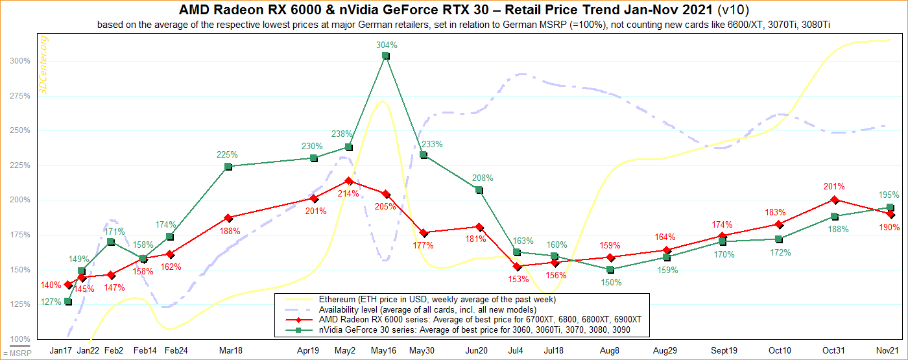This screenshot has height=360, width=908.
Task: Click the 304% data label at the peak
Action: point(386,45)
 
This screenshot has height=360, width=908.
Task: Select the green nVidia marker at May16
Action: point(386,56)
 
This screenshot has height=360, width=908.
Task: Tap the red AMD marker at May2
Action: point(348,181)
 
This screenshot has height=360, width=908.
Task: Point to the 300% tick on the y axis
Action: point(19,61)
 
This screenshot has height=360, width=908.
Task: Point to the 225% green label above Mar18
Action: point(227,155)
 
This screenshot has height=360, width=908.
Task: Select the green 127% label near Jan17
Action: point(51,302)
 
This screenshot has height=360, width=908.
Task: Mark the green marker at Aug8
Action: point(610,269)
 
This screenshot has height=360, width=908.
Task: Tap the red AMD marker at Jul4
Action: point(516,267)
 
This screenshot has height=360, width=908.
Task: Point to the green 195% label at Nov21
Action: point(889,195)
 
